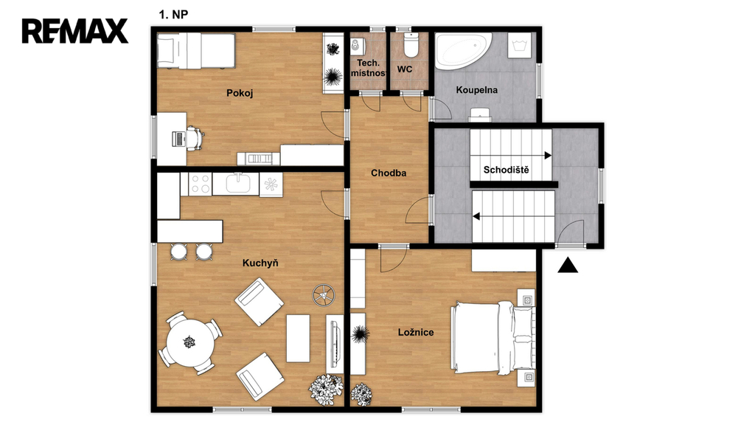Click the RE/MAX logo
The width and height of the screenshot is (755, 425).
[75, 31]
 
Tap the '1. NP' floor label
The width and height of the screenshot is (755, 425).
[173, 15]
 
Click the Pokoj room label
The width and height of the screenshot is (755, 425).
[240, 93]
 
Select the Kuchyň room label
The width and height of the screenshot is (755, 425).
[260, 263]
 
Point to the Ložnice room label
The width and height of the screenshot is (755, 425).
[416, 332]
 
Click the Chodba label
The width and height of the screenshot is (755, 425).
[389, 173]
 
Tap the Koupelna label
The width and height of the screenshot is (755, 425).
[477, 90]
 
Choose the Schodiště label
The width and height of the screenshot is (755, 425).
[506, 170]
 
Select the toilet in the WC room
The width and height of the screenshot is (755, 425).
[411, 44]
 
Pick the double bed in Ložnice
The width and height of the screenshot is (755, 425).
[493, 338]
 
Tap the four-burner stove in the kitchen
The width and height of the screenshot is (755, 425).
[200, 184]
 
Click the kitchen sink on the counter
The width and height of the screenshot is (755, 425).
[238, 184]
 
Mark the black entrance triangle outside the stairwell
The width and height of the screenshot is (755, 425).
[568, 266]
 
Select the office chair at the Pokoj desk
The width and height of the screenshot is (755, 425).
[195, 138]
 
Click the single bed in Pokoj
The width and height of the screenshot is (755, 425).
[196, 50]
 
